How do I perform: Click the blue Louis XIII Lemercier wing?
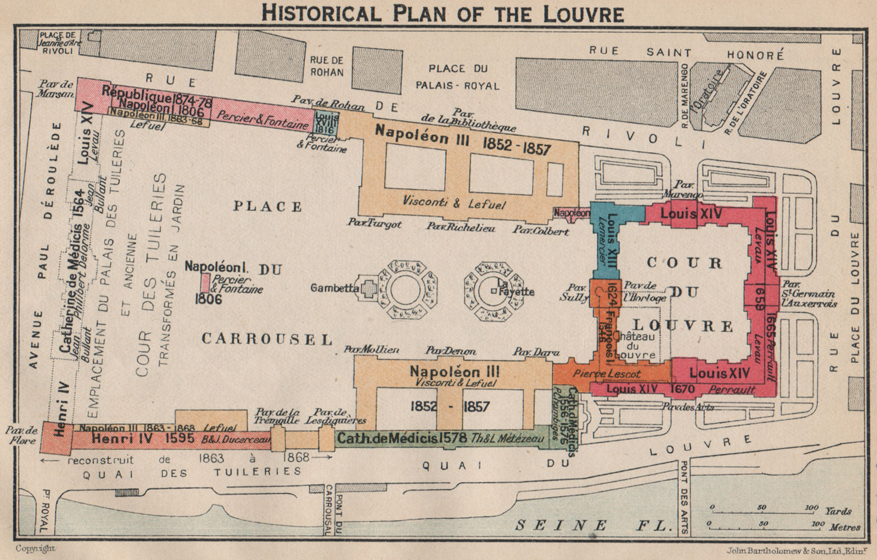pyautogui.click(x=605, y=241)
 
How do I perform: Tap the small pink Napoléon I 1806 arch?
pyautogui.click(x=206, y=283)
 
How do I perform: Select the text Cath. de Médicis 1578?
pyautogui.click(x=401, y=439)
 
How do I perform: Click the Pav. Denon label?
pyautogui.click(x=451, y=351)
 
